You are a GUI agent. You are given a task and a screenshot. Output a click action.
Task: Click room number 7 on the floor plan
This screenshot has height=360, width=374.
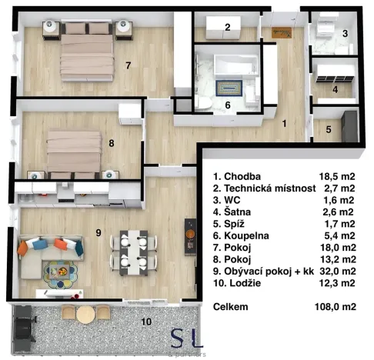click(129, 65)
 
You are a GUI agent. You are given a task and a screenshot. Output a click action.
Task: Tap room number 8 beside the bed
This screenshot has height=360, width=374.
click(112, 142)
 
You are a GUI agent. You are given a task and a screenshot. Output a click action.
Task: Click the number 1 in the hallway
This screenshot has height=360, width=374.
click(284, 123)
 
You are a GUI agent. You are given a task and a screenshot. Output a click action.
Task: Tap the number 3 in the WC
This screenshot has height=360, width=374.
click(346, 33)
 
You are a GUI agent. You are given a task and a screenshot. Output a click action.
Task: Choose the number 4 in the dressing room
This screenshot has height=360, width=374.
click(336, 88)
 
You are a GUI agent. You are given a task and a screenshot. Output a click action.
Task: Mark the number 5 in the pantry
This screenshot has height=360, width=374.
click(327, 130)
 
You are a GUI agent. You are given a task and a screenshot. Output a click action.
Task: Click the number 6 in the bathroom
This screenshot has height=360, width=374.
click(227, 105)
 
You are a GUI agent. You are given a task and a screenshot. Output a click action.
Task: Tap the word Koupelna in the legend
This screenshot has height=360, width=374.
click(247, 235)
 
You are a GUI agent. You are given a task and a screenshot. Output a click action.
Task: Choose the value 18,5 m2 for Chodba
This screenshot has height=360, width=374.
click(337, 175)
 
